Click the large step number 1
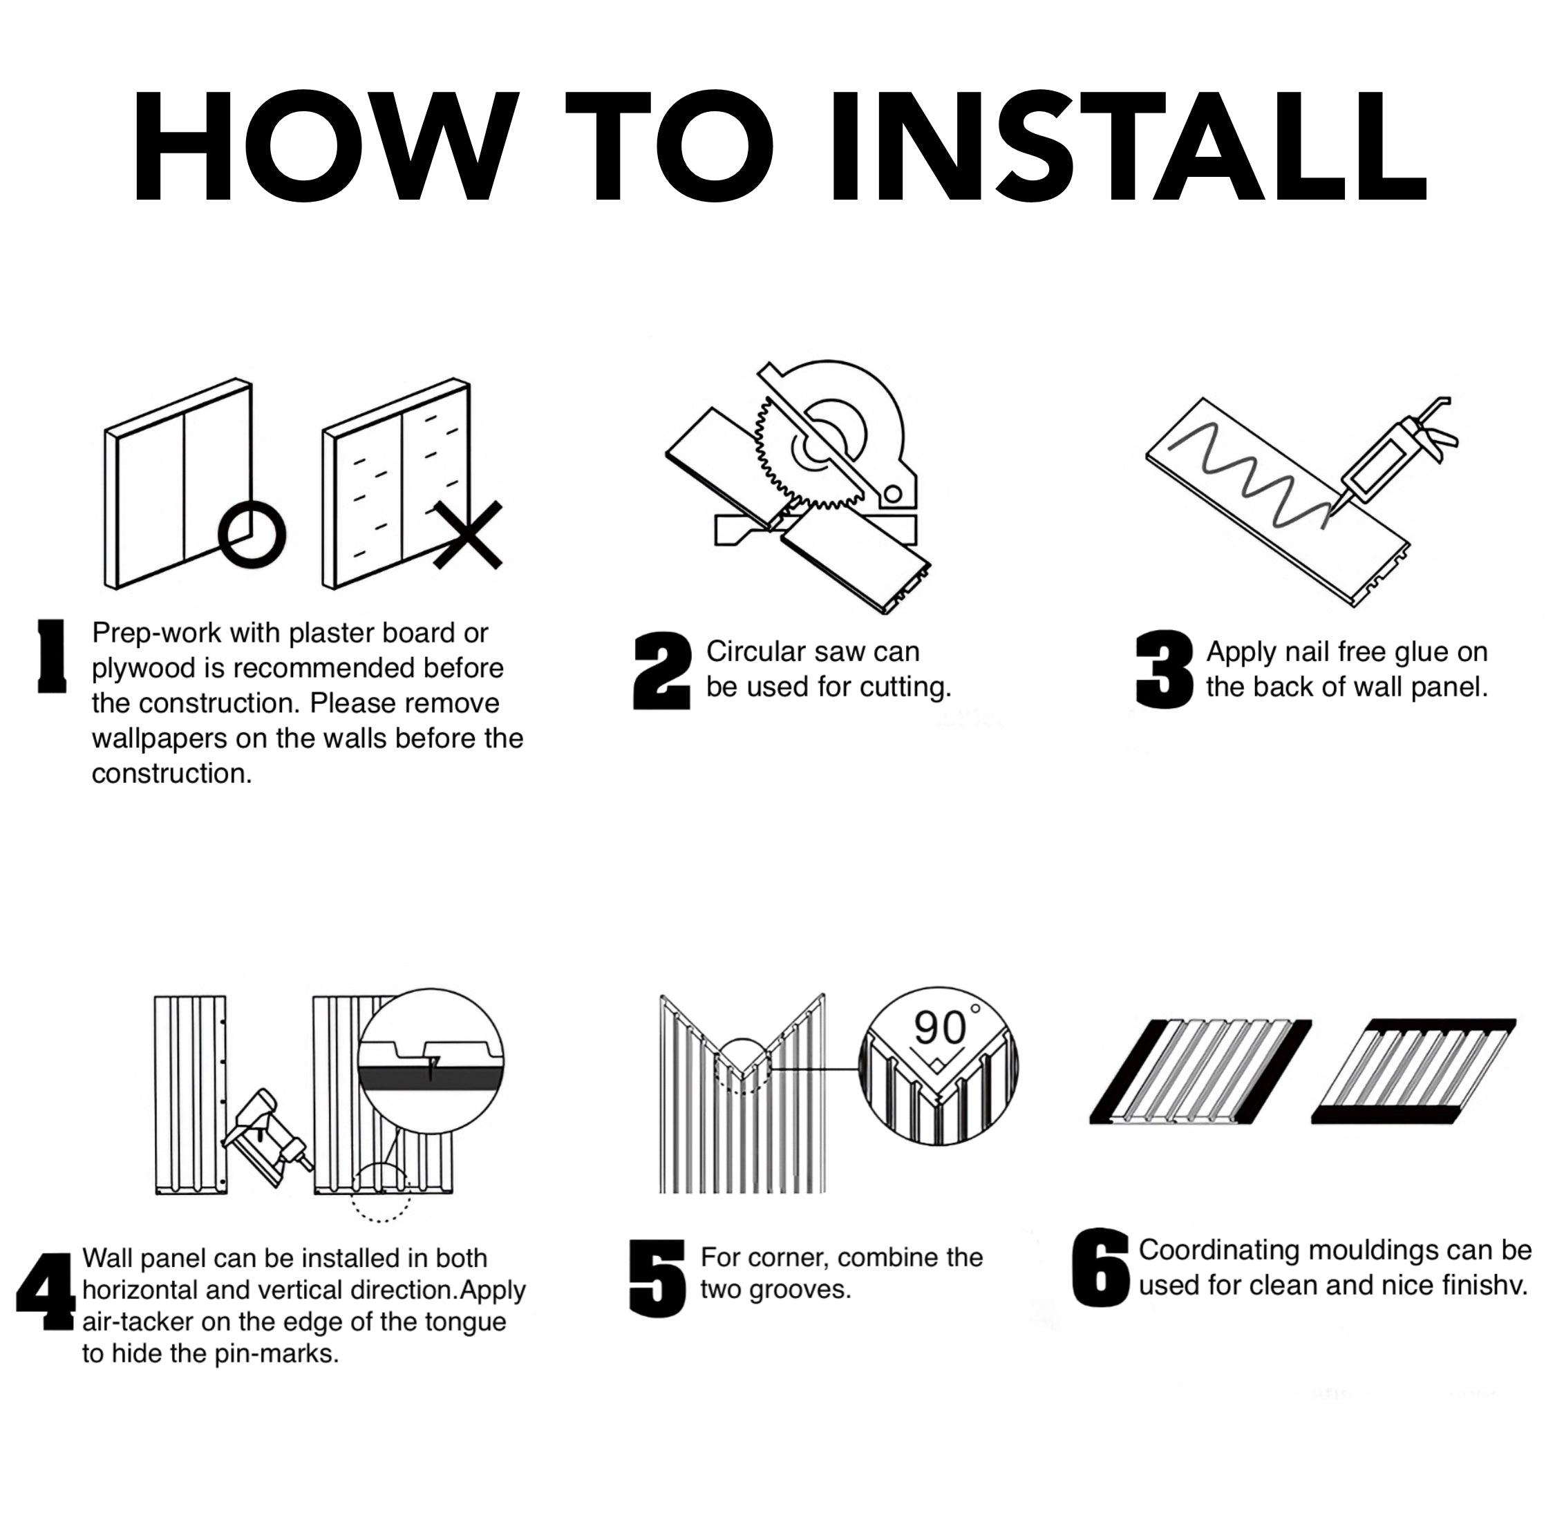(52, 656)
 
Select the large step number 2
(661, 671)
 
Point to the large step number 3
(1165, 669)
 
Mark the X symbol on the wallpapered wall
(468, 535)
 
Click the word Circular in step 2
(756, 651)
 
